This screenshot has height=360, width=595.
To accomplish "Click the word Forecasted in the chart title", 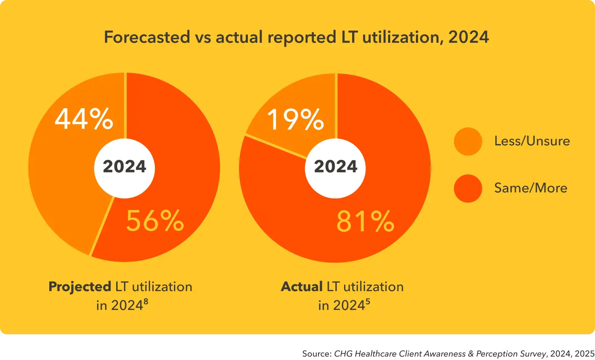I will (x=147, y=38).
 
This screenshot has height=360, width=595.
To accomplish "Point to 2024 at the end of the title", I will (x=468, y=38).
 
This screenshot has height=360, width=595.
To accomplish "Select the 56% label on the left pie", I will (x=155, y=221).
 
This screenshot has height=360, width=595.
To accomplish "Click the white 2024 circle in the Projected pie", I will (x=125, y=167).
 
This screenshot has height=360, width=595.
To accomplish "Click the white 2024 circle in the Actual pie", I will (x=336, y=167).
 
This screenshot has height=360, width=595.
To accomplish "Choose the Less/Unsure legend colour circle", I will (x=468, y=141).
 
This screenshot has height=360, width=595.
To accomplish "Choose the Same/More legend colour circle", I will (x=468, y=188).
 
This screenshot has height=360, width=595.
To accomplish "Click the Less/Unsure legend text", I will (x=532, y=141).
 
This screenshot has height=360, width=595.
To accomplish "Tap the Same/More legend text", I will (x=531, y=188).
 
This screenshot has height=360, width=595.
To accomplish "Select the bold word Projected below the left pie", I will (x=80, y=286).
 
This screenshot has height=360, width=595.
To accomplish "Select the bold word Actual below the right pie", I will (x=301, y=286).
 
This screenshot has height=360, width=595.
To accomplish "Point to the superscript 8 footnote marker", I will (x=146, y=302).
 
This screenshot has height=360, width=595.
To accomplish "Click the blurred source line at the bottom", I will (x=445, y=354).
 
